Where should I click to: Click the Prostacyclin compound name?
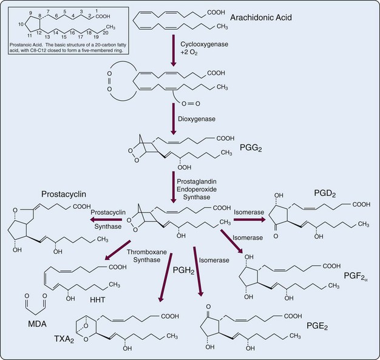pyautogui.click(x=63, y=195)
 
